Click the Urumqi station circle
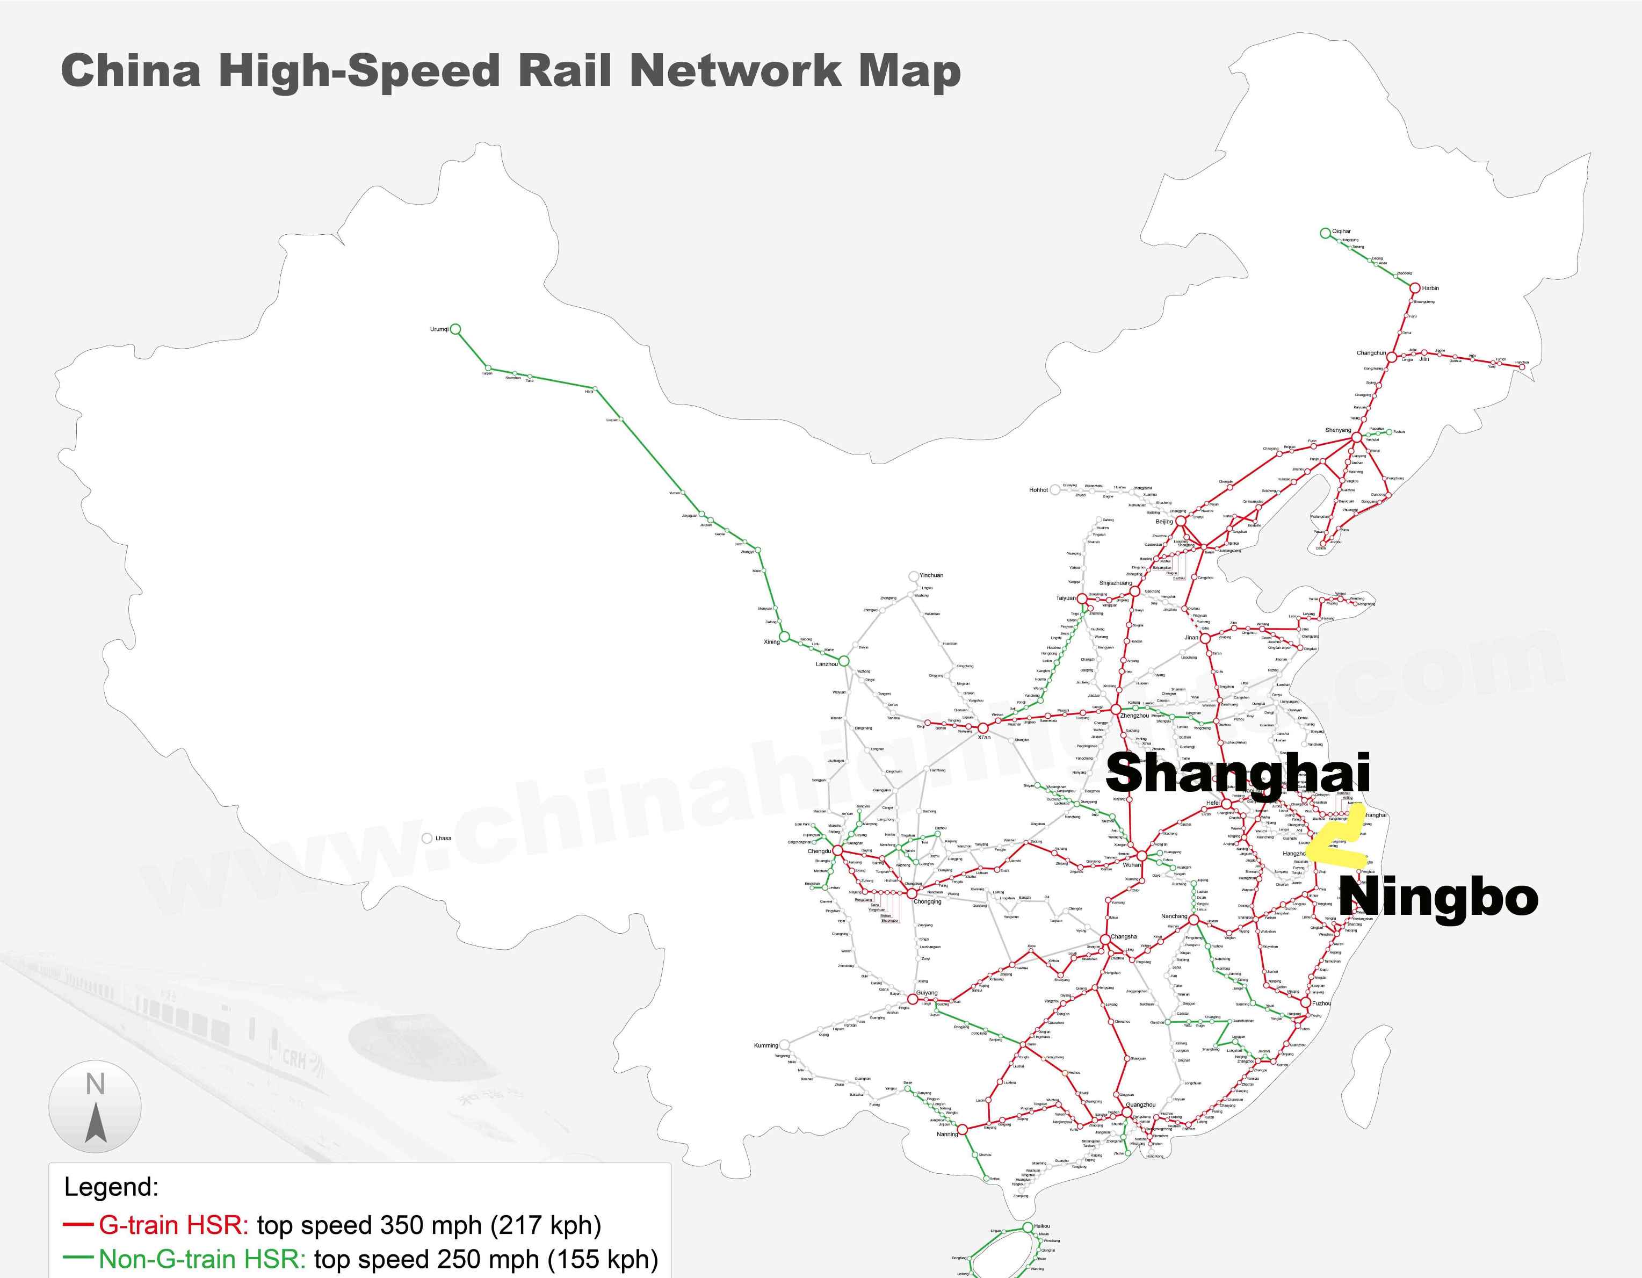tap(455, 329)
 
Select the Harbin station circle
tap(1414, 288)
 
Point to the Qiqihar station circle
tap(1325, 233)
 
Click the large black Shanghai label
tap(1238, 773)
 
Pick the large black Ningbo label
tap(1437, 897)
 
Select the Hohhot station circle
tap(1055, 489)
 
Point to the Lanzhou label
tap(826, 665)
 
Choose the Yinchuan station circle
tap(914, 576)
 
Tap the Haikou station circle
tap(1028, 1227)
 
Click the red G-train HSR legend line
tap(78, 1225)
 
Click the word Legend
tap(111, 1188)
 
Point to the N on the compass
tap(95, 1085)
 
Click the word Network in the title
tap(735, 71)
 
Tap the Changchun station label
tap(1371, 353)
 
